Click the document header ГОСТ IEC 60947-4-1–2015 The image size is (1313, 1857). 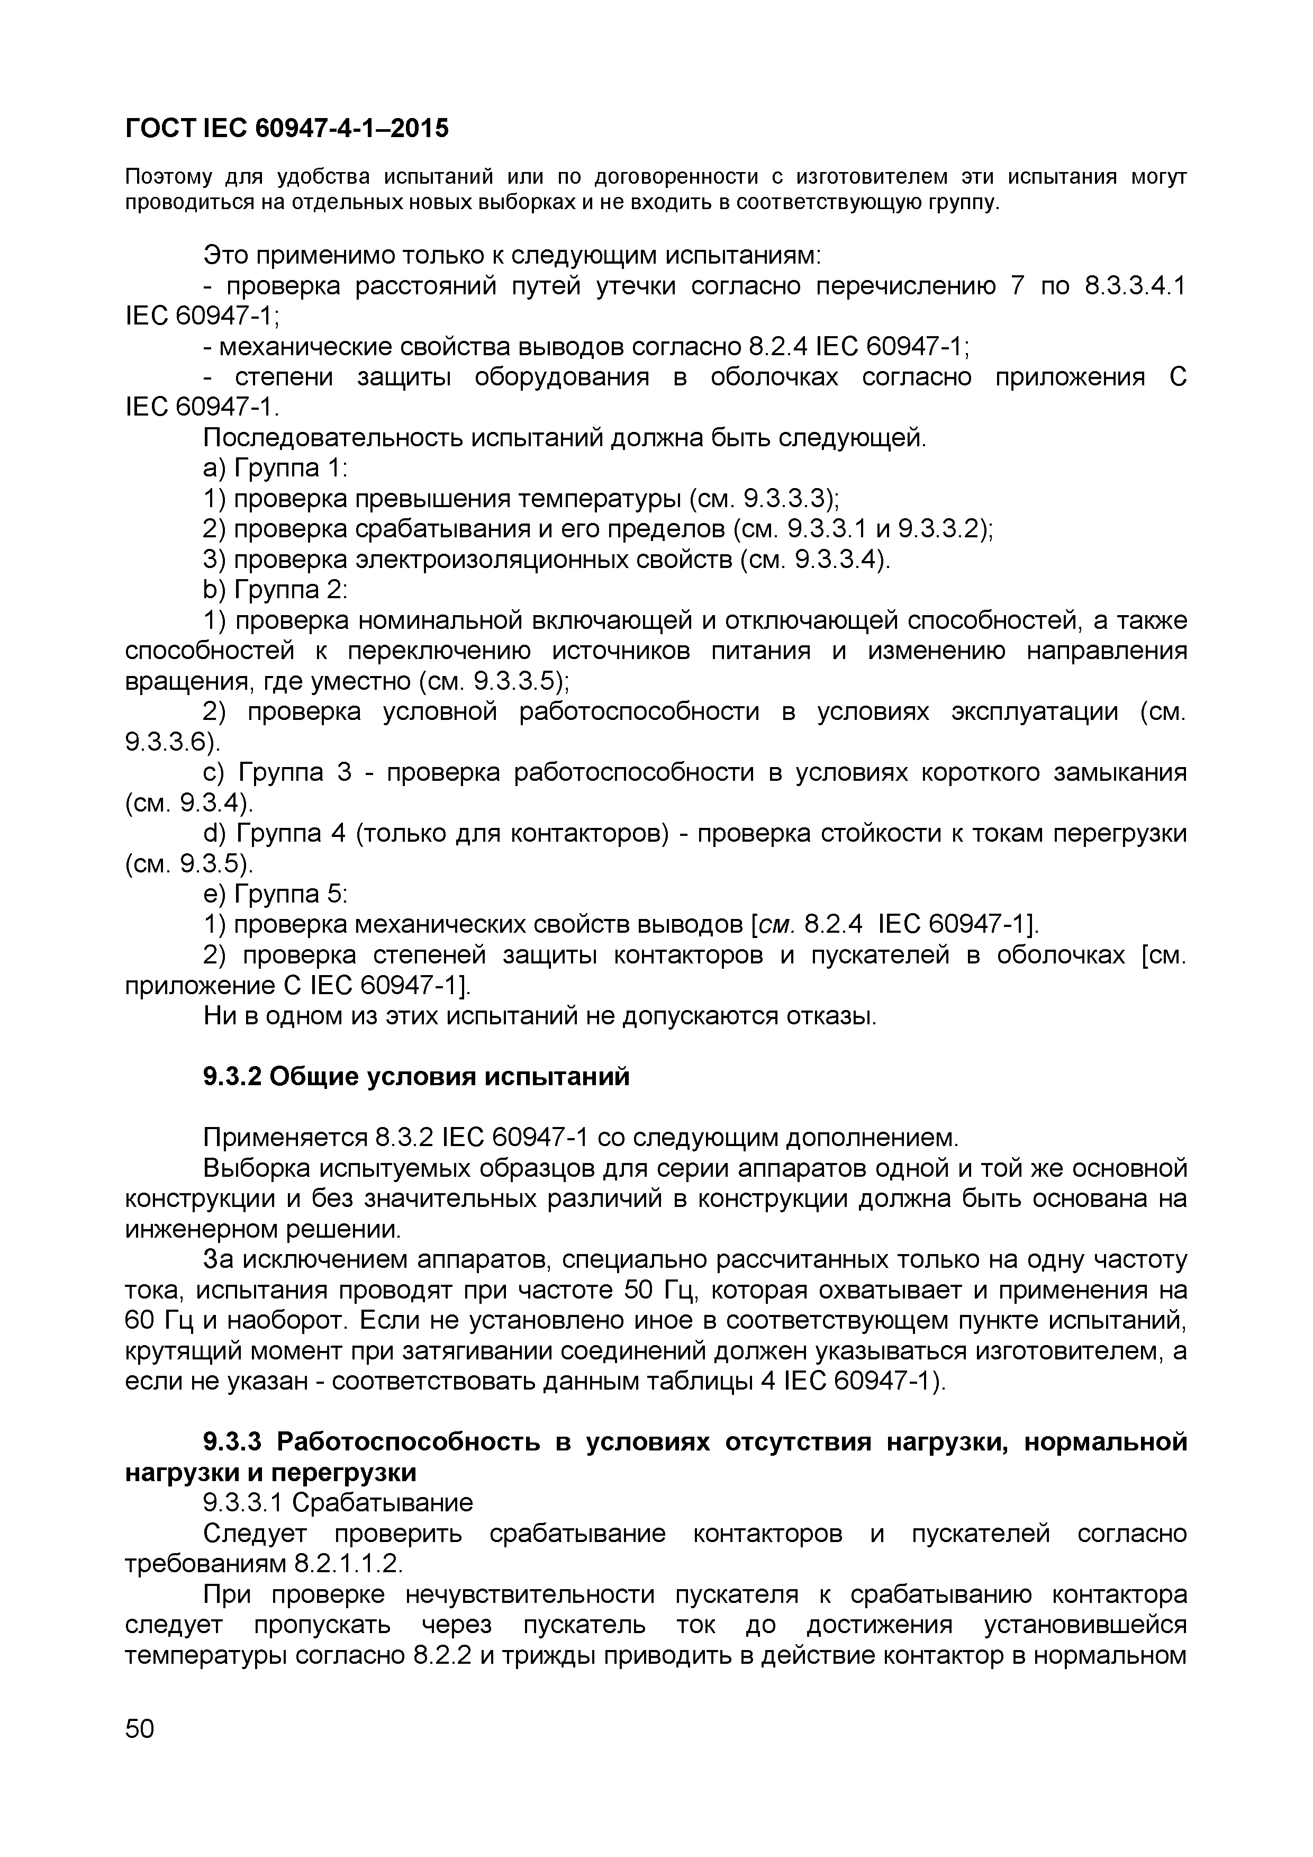[x=287, y=128]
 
